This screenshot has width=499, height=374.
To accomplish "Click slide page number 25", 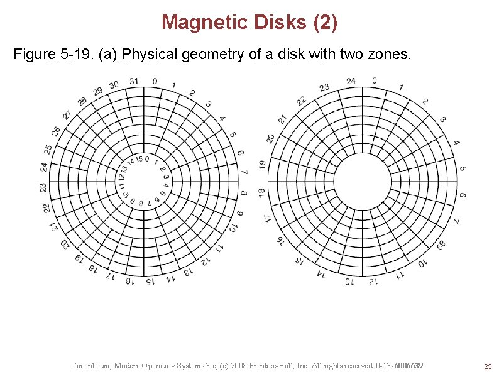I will tap(486, 366).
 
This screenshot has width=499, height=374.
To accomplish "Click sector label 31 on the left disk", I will tap(134, 81).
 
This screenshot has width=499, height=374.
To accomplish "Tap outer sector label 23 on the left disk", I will tap(43, 187).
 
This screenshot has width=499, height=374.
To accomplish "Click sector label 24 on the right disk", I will tap(351, 80).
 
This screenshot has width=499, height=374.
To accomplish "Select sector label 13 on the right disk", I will tap(349, 282).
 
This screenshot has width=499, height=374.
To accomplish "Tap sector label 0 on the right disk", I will tap(374, 80).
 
